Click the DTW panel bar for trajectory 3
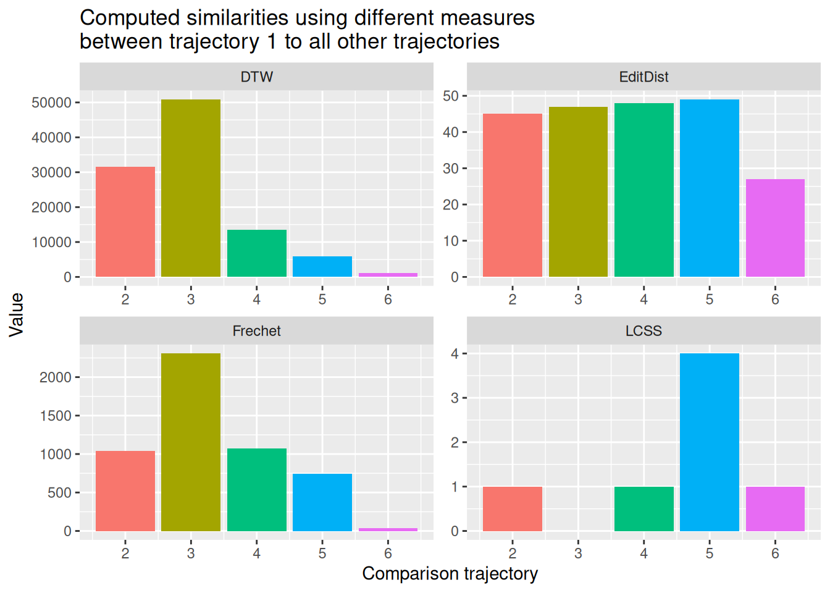tap(191, 188)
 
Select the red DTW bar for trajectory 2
tap(125, 222)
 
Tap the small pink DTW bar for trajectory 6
tap(388, 274)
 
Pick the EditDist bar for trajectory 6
tap(775, 228)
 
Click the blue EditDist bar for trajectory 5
tap(710, 188)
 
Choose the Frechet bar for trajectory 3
tap(191, 442)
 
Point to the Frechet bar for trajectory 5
tap(322, 502)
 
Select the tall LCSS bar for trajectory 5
tap(710, 442)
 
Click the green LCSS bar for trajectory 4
tap(643, 508)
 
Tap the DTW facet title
tap(257, 77)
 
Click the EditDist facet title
tap(643, 77)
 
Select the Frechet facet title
tap(257, 331)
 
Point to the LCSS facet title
tap(643, 331)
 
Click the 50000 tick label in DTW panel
tap(51, 103)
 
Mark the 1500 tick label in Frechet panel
tap(56, 416)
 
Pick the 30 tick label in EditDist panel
tap(451, 169)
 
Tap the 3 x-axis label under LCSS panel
tap(578, 553)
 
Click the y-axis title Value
tap(17, 314)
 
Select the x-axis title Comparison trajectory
tap(450, 574)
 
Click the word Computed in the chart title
tap(123, 18)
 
